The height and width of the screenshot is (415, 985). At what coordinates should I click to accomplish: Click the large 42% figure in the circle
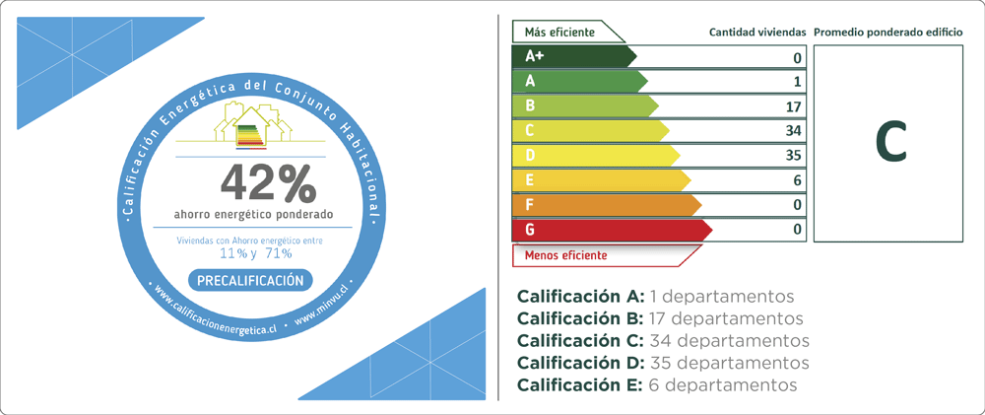point(268,183)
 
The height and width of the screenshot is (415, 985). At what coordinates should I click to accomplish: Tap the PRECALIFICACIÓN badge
point(250,280)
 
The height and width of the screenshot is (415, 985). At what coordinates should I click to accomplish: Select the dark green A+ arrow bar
point(574,56)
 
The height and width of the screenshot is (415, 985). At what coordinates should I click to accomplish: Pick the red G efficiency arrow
point(613,230)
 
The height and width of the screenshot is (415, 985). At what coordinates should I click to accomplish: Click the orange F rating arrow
point(607,205)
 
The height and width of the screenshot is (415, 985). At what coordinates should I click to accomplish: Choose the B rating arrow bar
point(585,105)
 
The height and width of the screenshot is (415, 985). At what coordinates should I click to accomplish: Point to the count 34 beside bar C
point(794,131)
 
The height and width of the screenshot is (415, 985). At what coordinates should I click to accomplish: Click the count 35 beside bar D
point(794,156)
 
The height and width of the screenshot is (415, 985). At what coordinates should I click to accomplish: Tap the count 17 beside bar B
point(794,106)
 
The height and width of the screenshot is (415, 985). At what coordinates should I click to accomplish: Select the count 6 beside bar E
point(798,180)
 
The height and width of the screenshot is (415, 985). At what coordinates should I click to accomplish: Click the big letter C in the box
point(890,143)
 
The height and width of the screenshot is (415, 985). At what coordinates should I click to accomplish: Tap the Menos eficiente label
point(566,255)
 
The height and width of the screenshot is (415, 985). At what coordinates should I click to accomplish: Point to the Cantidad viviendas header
point(755,33)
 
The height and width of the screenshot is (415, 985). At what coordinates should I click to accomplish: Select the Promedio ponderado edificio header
point(888,33)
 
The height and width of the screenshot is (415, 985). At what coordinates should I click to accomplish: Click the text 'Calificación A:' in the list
point(580,296)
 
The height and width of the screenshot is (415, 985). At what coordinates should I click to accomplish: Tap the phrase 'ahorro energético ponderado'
point(254,215)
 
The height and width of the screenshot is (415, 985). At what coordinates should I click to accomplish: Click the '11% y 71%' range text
point(255,253)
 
